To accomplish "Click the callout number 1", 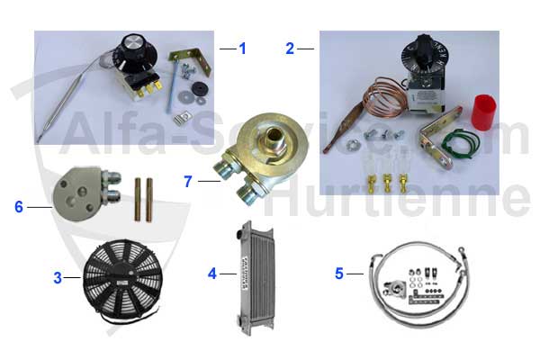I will pos(241,48).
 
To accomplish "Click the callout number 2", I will pos(290,48).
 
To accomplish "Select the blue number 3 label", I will pos(57,278).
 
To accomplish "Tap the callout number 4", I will pos(212,271).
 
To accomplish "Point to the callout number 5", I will pos(339,271).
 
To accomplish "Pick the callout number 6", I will pos(18,206).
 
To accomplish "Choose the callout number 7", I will pos(187,181).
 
